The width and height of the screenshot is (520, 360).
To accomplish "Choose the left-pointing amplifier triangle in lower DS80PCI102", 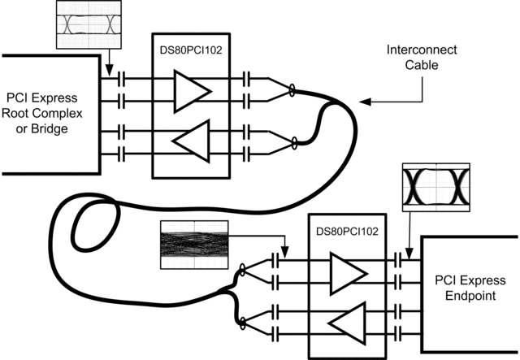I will pos(345,323).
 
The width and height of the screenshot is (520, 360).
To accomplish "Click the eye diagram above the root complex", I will pos(84,23).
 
